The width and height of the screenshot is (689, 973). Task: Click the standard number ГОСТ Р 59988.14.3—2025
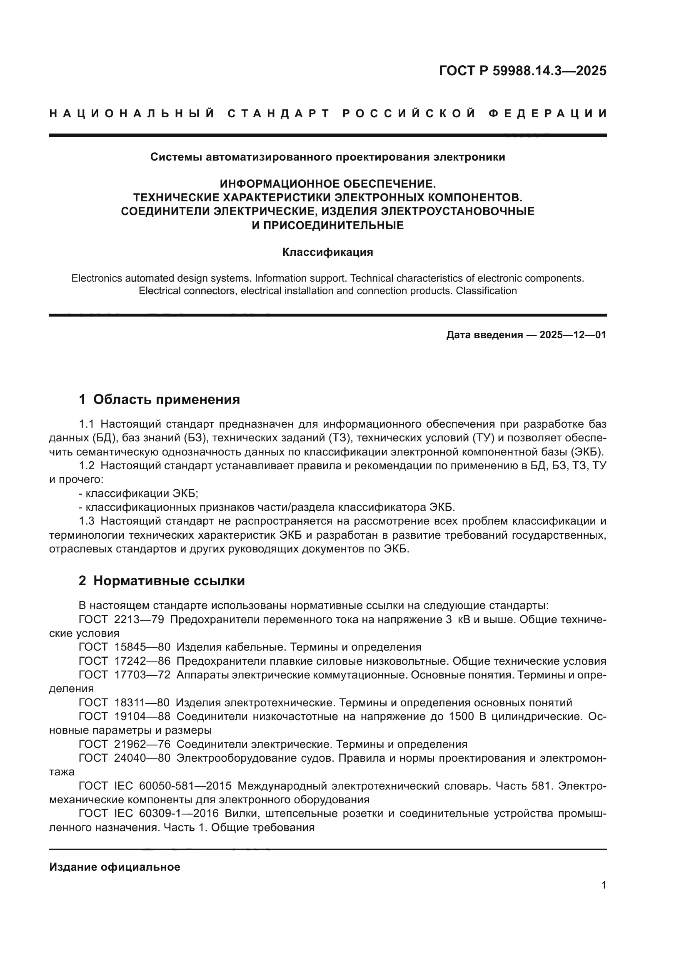click(x=522, y=71)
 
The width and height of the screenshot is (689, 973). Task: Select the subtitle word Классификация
click(x=327, y=252)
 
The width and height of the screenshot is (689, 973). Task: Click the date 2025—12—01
click(x=572, y=335)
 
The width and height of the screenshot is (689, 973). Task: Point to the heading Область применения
click(x=166, y=399)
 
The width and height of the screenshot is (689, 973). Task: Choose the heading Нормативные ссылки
click(x=169, y=581)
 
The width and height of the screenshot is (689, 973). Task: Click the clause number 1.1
click(x=87, y=424)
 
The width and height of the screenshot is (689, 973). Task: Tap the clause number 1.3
click(x=87, y=521)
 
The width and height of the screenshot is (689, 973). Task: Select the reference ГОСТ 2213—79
click(x=121, y=619)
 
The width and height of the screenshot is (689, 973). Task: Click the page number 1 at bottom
click(x=603, y=885)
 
